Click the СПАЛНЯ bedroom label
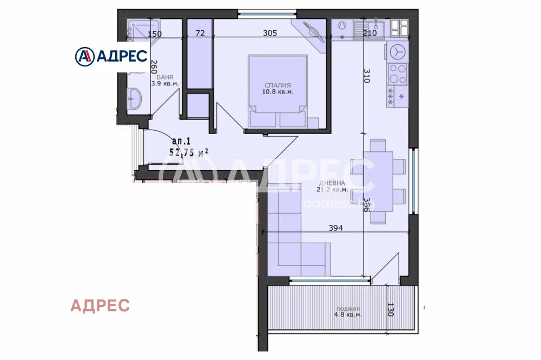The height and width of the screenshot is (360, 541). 278,85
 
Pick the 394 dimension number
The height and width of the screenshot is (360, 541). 335,229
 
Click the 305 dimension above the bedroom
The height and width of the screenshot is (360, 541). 269,33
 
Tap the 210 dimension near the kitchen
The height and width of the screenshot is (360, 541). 370,33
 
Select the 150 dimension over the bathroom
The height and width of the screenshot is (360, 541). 155,34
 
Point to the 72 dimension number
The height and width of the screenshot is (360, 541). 200,33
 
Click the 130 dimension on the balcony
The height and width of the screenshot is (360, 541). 390,310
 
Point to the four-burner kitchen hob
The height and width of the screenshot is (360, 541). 398,72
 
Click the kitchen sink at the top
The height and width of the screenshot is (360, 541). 369,25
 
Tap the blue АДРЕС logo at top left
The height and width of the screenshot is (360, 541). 112,56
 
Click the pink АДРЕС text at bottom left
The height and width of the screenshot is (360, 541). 100,305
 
